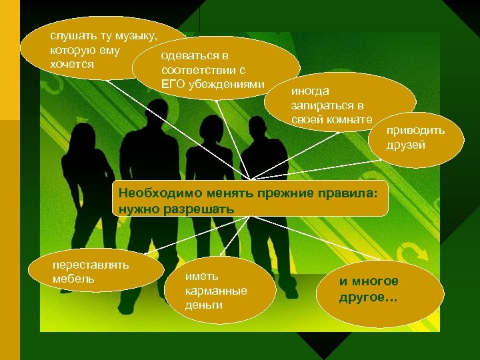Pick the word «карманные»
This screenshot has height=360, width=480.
pos(216,291)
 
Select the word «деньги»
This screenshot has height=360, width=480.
pos(204,305)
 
